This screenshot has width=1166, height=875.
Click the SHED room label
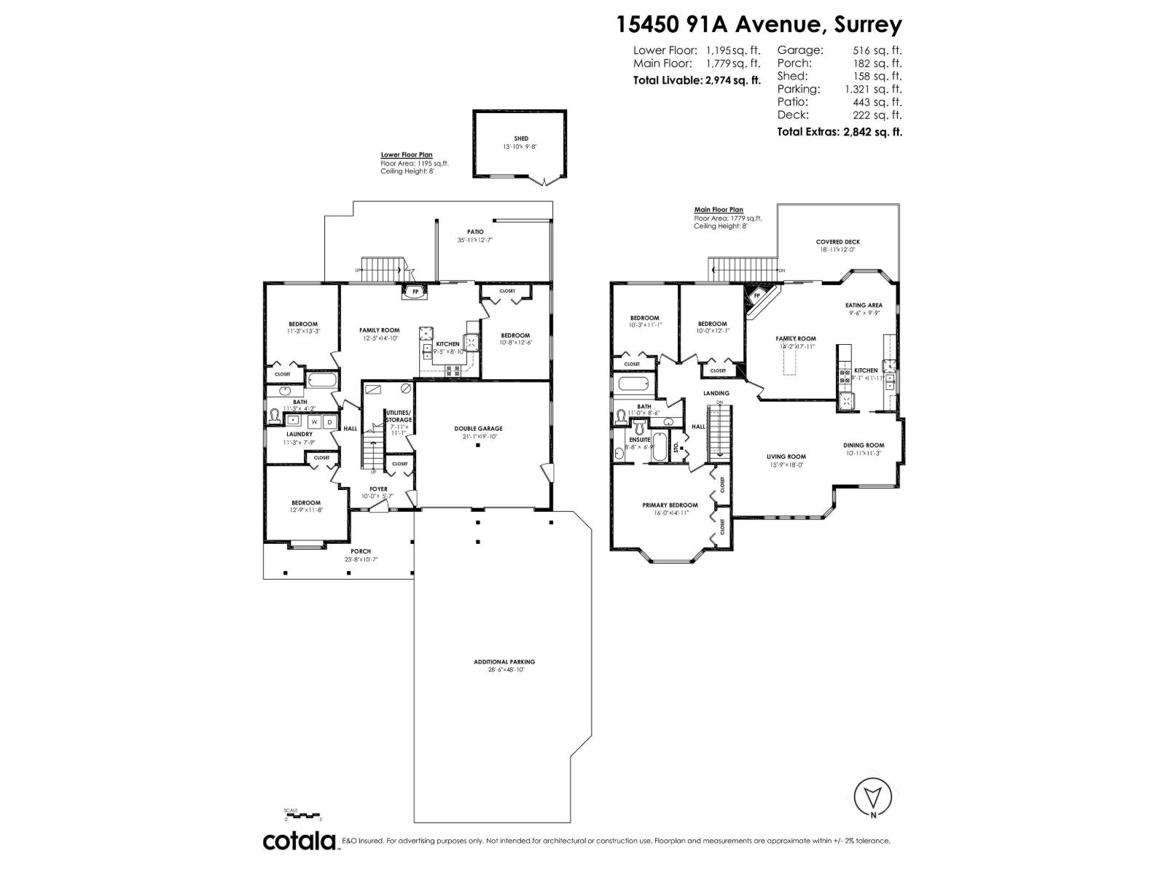(x=520, y=138)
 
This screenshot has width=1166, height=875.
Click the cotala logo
(x=300, y=841)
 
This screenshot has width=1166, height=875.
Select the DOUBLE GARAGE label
(x=478, y=429)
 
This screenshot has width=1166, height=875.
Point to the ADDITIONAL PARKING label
(x=504, y=662)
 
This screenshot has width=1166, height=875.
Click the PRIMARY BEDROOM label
(x=670, y=505)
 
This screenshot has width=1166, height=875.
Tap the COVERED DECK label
(x=837, y=241)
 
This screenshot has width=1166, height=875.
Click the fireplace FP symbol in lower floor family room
(x=417, y=292)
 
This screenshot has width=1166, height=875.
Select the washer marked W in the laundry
(x=314, y=421)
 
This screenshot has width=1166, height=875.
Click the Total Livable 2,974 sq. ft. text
(x=697, y=80)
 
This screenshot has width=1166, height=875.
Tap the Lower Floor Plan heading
(x=406, y=155)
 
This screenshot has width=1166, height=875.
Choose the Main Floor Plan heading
(x=718, y=210)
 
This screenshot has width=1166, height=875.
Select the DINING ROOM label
(x=864, y=445)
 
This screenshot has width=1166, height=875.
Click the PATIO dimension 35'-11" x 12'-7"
(x=475, y=240)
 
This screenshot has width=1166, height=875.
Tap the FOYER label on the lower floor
(x=378, y=489)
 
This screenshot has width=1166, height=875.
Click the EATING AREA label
(x=864, y=305)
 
